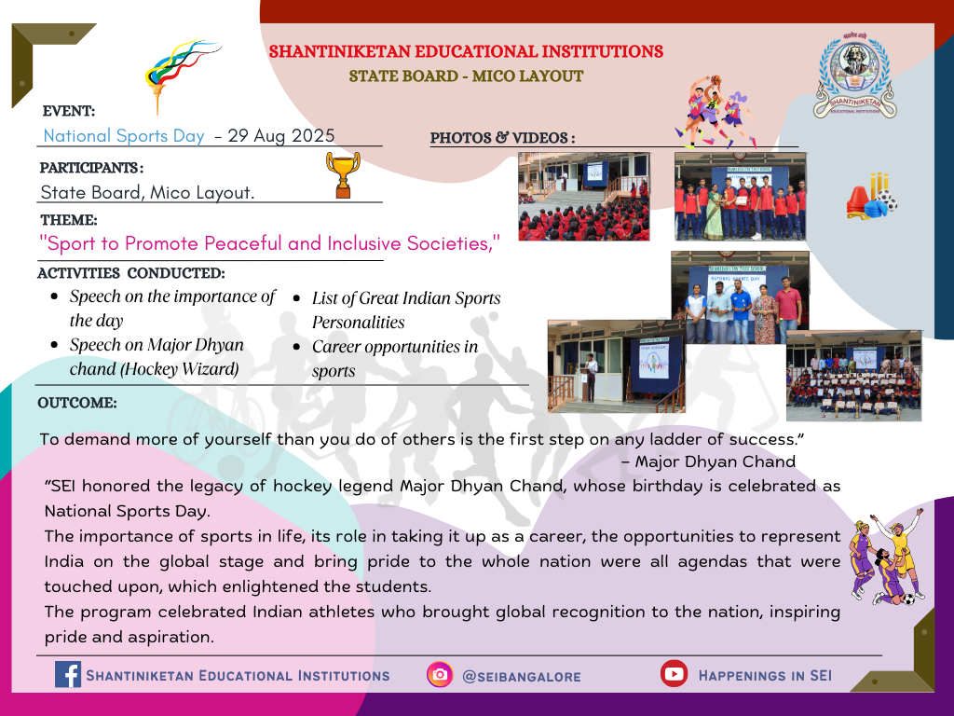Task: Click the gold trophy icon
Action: (x=343, y=174)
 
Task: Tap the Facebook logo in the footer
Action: (x=67, y=675)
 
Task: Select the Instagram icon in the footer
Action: (x=440, y=675)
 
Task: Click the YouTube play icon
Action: (x=674, y=673)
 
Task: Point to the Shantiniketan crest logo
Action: (x=855, y=76)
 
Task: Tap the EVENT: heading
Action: (x=69, y=112)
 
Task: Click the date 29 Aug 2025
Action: (x=281, y=135)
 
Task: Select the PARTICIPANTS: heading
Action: (x=92, y=168)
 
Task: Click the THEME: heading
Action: (x=69, y=220)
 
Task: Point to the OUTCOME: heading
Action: (x=77, y=403)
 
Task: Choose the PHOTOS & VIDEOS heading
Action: (x=502, y=138)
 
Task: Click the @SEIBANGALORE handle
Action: (x=522, y=677)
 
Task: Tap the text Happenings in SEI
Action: (x=765, y=675)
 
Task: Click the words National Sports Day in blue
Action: (x=124, y=136)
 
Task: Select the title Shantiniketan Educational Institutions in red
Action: (x=466, y=52)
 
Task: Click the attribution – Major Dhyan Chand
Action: (x=708, y=461)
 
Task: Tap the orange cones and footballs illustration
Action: (x=872, y=196)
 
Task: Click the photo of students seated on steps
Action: (x=584, y=196)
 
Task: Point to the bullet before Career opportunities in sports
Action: (x=297, y=347)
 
